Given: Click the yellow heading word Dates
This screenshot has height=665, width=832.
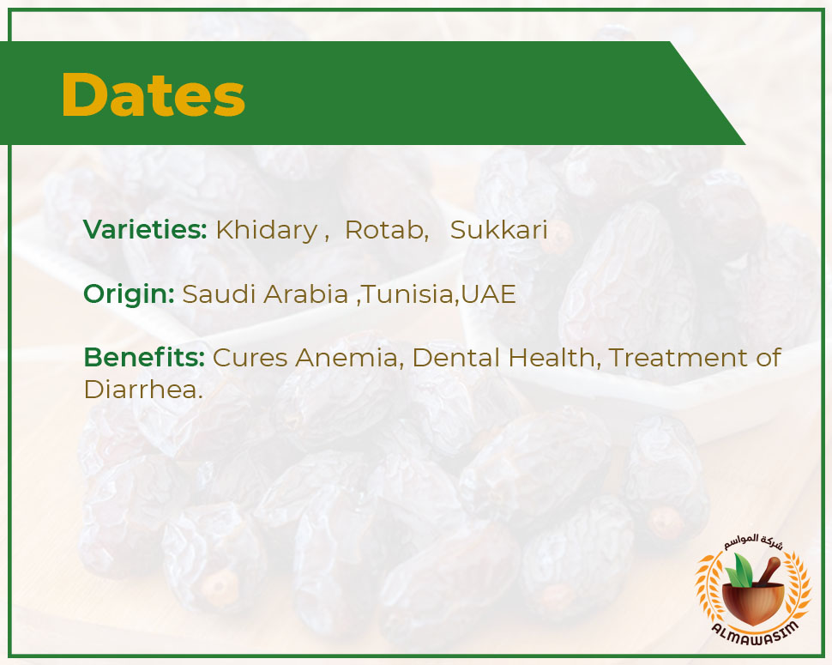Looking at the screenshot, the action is tap(153, 94).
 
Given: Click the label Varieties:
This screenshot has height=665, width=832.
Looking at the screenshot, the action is tap(145, 229).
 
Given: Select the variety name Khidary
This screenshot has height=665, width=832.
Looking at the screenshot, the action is tap(266, 230).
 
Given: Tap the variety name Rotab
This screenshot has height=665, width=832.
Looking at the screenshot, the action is tap(385, 230).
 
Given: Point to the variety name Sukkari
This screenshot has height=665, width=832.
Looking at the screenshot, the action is tap(499, 230).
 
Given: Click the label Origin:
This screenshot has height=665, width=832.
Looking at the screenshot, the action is tap(129, 294).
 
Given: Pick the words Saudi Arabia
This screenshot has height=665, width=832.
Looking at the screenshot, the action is tap(265, 293).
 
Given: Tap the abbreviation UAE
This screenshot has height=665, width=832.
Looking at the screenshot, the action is tap(488, 294).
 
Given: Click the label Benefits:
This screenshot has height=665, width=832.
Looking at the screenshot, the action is tap(144, 357).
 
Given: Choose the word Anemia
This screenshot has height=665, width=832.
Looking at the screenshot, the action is tap(347, 358).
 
